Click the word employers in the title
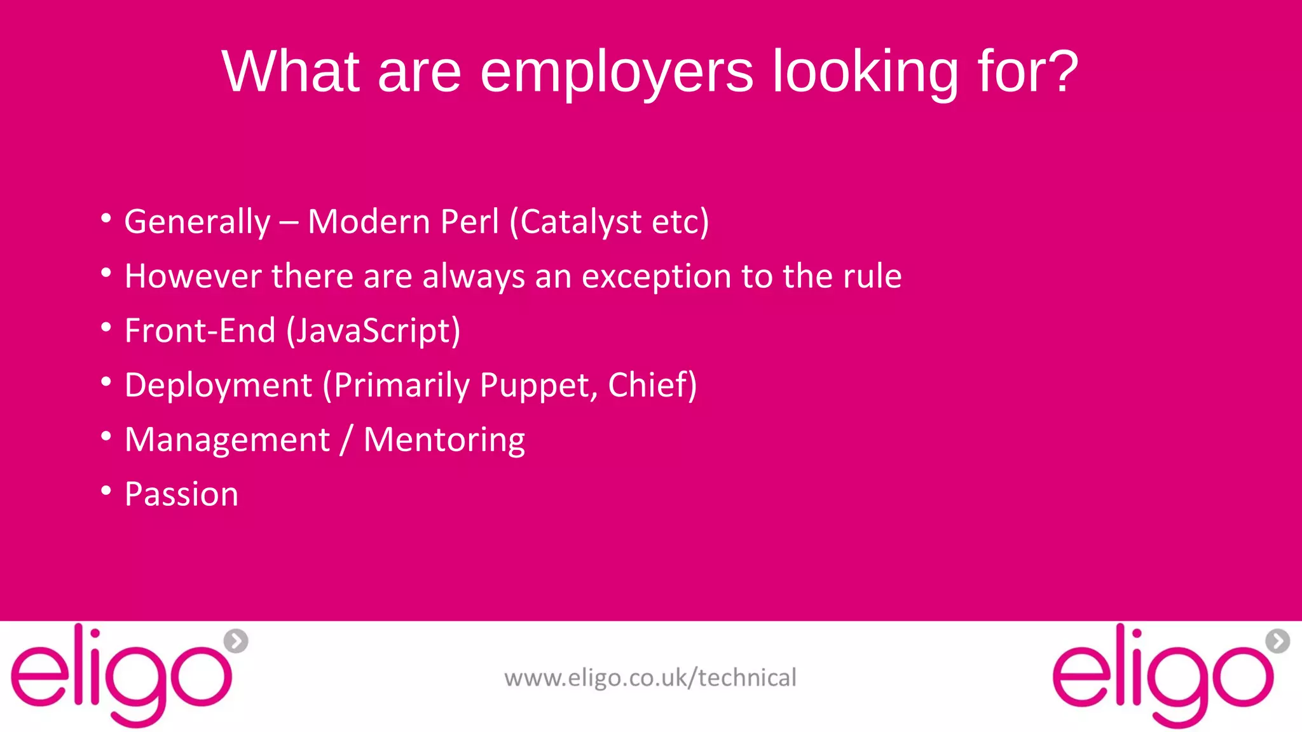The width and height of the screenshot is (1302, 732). coord(617,72)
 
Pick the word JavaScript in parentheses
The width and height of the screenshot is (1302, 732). coord(374,331)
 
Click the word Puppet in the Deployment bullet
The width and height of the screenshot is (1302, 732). coord(538,386)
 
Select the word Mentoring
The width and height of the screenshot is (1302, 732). coord(444,440)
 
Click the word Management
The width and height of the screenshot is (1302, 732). coord(227,440)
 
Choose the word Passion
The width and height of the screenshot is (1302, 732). coord(181,494)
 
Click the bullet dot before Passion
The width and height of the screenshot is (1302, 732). coord(106,491)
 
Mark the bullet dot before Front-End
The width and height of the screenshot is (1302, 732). coord(106,327)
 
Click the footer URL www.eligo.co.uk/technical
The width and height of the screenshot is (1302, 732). coord(650,678)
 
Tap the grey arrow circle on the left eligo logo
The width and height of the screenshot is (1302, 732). coord(236,641)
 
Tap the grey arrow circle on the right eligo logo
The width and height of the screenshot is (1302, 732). coord(1277,641)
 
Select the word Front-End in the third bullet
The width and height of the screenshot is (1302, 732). coord(200,331)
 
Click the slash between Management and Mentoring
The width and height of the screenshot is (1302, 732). coord(346,440)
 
